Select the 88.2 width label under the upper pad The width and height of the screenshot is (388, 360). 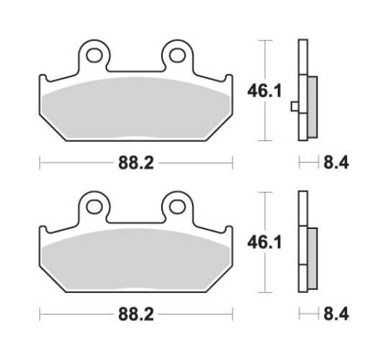click(135, 163)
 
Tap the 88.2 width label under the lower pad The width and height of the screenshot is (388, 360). click(135, 315)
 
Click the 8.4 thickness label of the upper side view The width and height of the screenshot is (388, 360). click(335, 163)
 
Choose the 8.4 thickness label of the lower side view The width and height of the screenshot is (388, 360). click(335, 315)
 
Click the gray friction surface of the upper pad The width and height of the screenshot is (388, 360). click(135, 108)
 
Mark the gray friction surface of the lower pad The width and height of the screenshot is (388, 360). click(135, 259)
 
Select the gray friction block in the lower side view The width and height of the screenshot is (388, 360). click(311, 256)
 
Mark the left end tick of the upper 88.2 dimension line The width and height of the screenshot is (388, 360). click(39, 163)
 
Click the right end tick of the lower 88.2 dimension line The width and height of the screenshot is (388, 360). click(232, 315)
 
